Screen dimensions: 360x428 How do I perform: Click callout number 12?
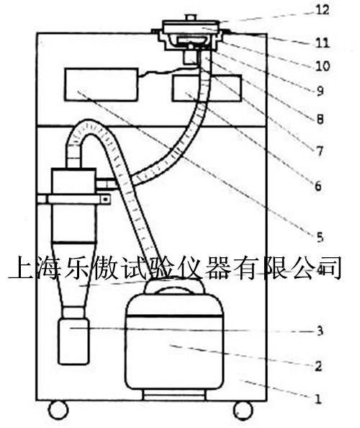tap(323, 10)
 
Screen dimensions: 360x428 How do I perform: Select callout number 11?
tap(323, 43)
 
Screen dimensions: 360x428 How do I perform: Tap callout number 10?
tap(323, 66)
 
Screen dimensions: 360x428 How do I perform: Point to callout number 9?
tap(320, 91)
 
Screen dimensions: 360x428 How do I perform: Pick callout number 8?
tap(320, 120)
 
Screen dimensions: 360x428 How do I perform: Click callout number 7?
tap(320, 151)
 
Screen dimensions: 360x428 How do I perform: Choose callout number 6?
tap(318, 186)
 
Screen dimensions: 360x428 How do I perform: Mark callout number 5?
tap(320, 237)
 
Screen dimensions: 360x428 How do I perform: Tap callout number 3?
tap(320, 331)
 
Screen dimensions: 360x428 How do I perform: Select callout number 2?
tap(318, 366)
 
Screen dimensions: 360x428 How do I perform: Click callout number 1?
tap(318, 399)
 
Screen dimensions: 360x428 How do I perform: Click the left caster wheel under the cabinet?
tap(58, 410)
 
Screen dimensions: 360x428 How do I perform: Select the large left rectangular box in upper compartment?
tap(102, 84)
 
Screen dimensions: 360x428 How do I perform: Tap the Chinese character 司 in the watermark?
tap(330, 267)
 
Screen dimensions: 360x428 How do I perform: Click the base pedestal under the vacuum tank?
tap(174, 395)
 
